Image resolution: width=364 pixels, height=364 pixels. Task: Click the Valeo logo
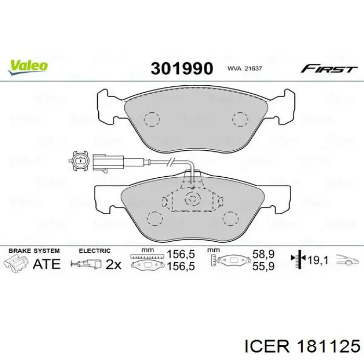point(28,66)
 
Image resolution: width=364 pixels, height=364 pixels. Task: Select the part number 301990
point(181,68)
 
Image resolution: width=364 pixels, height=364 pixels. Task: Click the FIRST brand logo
point(329,69)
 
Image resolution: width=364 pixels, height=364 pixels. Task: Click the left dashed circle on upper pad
point(152,119)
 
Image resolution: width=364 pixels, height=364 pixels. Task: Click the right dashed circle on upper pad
point(240,119)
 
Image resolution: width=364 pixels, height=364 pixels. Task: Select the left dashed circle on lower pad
point(154,219)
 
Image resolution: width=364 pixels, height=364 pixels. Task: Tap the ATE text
point(46,264)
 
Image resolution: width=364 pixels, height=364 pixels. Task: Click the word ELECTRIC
point(95,251)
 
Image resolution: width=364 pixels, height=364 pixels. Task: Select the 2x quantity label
point(113,264)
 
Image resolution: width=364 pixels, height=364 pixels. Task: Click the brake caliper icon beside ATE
point(17,263)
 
